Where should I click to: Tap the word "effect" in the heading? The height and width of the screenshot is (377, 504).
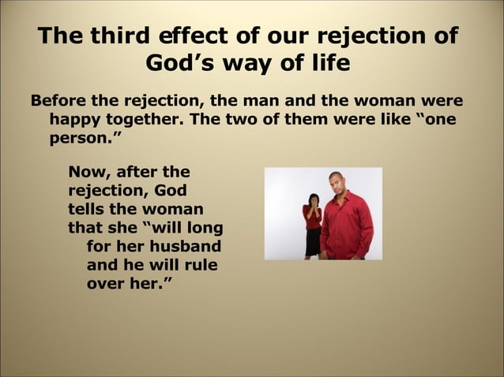[x=191, y=36]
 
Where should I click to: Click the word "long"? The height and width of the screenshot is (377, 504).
[x=204, y=229]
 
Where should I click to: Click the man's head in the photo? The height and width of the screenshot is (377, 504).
[x=337, y=184]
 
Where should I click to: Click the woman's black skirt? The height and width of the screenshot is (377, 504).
[x=313, y=241]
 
